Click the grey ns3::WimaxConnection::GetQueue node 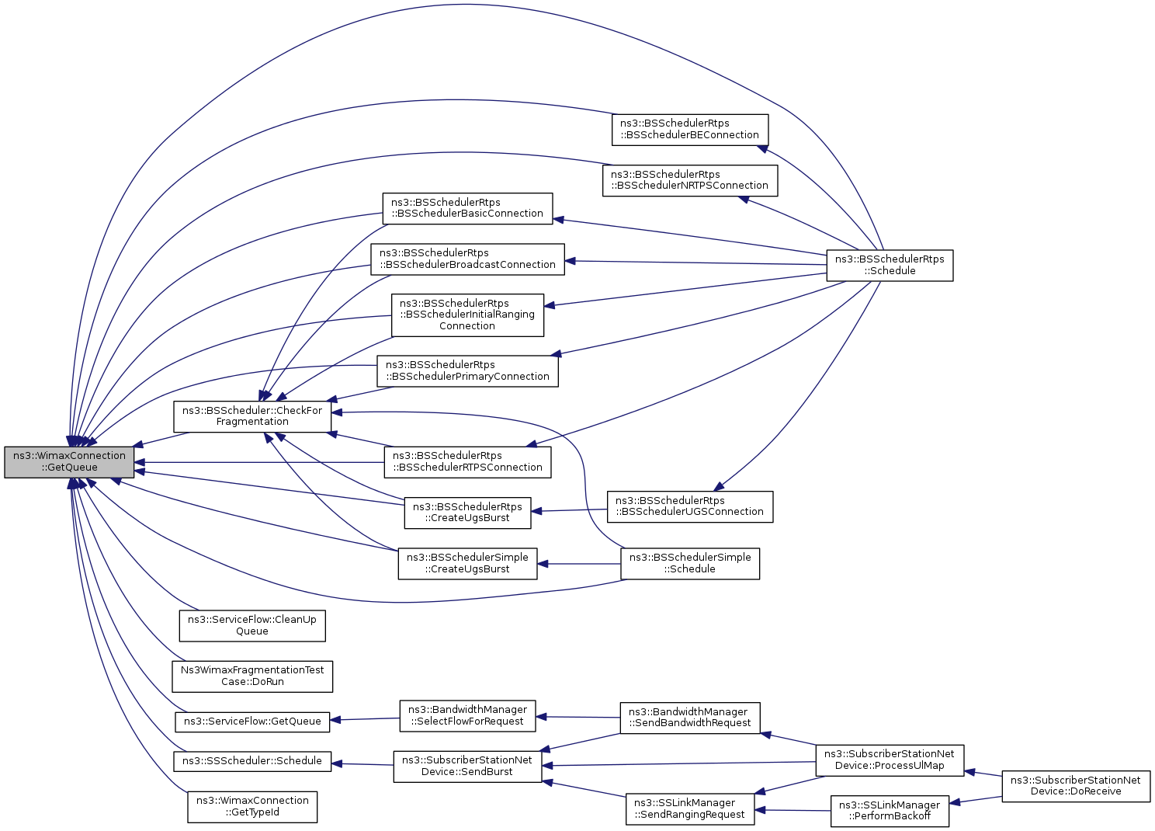point(69,462)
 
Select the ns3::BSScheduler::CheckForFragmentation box point(252,416)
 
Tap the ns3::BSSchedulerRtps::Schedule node point(890,266)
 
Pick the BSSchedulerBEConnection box point(690,130)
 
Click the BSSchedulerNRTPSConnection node point(690,180)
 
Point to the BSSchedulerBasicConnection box point(467,208)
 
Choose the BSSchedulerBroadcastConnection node point(467,259)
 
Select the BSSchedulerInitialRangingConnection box point(467,315)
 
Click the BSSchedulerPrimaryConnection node point(467,371)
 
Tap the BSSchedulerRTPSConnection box point(467,462)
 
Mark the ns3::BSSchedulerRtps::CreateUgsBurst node point(467,513)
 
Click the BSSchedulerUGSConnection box point(690,506)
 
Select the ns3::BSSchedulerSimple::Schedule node point(690,564)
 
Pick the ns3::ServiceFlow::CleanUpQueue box point(252,626)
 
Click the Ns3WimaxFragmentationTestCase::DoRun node point(252,676)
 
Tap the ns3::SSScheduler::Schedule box point(252,761)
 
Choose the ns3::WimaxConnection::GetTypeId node point(252,807)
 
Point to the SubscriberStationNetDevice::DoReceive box point(1076,786)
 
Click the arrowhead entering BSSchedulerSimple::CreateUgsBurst point(543,564)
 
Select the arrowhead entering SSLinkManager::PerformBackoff point(955,802)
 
